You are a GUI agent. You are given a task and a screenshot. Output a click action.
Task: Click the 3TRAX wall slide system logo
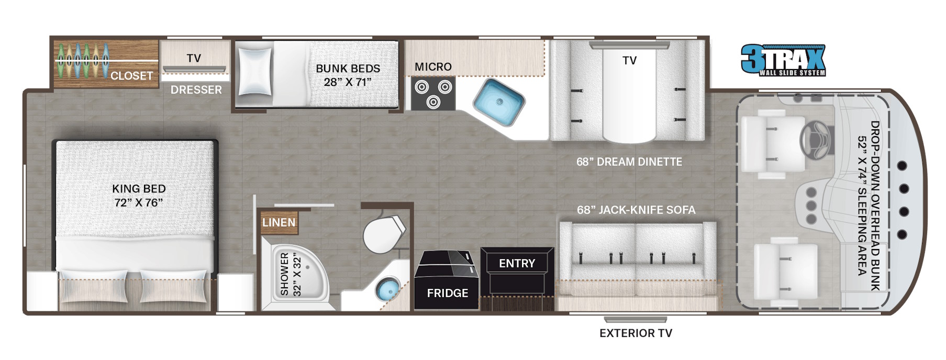(783, 60)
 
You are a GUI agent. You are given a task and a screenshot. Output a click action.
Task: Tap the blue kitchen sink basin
(499, 102)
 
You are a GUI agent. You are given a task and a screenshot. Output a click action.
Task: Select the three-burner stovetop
(433, 93)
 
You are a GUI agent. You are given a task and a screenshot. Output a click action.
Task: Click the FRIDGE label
(448, 293)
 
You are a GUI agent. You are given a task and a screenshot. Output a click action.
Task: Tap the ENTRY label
(517, 263)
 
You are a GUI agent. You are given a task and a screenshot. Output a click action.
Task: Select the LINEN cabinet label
(279, 222)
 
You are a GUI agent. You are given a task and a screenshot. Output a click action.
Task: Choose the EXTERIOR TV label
(636, 333)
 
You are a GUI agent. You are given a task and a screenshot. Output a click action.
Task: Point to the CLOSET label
(131, 76)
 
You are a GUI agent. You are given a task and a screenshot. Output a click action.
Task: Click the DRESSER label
(196, 89)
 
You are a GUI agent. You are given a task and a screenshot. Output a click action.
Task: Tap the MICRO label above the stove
(433, 67)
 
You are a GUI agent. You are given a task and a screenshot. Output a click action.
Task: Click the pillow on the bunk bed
(255, 72)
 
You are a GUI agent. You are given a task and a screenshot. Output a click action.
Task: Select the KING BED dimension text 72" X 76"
(139, 203)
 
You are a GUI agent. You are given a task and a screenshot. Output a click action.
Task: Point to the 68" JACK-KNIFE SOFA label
(636, 210)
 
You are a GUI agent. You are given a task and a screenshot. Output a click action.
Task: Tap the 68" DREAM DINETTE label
(629, 162)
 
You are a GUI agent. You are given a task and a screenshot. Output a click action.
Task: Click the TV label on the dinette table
(629, 61)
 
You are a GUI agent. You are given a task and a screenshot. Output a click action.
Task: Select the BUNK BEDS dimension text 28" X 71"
(348, 82)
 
